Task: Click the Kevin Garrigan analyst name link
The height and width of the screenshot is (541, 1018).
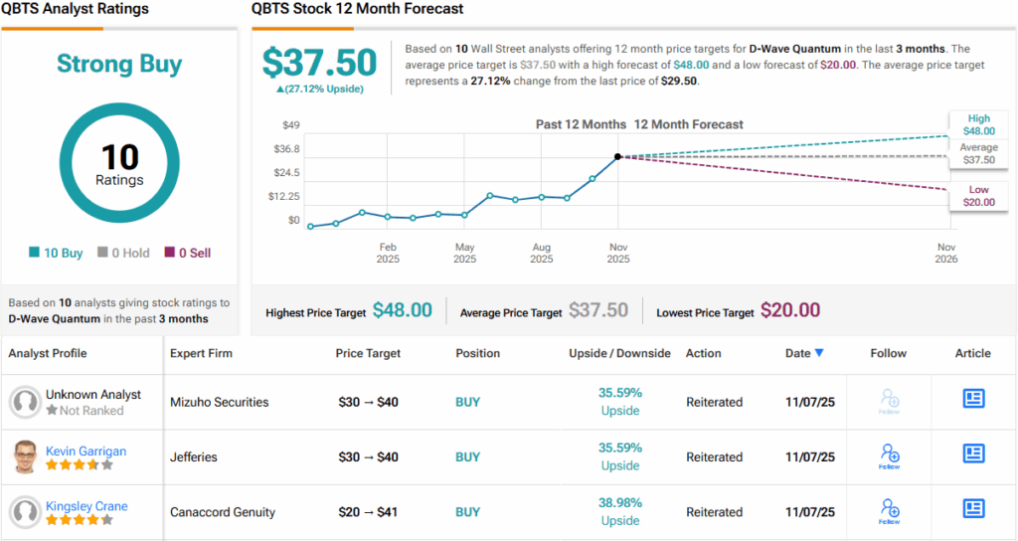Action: click(85, 451)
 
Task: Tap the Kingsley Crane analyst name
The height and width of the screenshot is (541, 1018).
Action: click(86, 506)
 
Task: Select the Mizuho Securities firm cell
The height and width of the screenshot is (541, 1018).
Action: click(220, 402)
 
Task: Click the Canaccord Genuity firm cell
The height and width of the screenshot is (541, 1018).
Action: click(223, 512)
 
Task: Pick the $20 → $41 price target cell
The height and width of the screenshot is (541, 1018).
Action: click(369, 512)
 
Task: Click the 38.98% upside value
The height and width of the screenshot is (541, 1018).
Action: click(619, 503)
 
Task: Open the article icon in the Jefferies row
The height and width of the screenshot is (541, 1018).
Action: click(973, 453)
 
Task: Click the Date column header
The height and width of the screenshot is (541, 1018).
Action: click(803, 353)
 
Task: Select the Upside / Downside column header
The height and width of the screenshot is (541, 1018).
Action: click(619, 353)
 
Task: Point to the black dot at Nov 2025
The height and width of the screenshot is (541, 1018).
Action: click(617, 156)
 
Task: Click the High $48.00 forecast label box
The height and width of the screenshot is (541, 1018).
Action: click(978, 124)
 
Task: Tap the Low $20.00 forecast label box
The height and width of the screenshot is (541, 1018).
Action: click(978, 196)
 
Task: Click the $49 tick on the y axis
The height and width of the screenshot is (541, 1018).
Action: click(290, 124)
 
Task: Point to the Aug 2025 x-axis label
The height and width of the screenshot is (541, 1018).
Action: click(541, 253)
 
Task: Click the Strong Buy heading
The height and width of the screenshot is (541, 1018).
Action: click(119, 65)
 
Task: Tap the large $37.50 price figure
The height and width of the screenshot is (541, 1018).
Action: click(319, 64)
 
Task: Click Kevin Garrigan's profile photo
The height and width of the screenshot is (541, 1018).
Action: click(25, 457)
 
